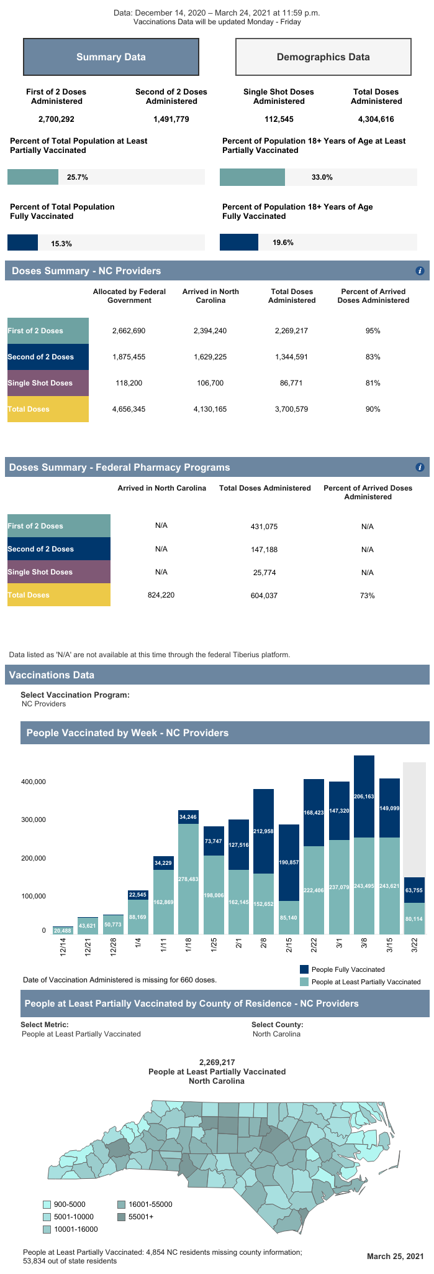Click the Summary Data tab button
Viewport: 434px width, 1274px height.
(x=111, y=57)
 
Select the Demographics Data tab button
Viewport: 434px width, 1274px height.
(x=323, y=57)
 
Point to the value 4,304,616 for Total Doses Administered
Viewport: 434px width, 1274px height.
(x=376, y=119)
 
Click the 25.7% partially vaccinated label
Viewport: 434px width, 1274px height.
(x=78, y=177)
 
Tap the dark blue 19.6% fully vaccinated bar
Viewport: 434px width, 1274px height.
(x=239, y=242)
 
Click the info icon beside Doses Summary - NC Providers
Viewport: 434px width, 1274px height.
(x=420, y=271)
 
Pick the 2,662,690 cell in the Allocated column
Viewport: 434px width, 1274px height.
(x=129, y=331)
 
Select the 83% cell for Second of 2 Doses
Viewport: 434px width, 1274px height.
(x=373, y=357)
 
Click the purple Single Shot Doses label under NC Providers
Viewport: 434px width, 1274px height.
(x=48, y=383)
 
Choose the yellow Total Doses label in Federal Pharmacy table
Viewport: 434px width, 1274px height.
(x=58, y=595)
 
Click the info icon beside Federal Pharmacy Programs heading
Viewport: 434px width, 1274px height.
(x=420, y=468)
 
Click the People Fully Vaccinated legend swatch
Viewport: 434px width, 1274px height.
(x=304, y=969)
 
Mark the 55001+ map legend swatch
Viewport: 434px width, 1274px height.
(x=122, y=1217)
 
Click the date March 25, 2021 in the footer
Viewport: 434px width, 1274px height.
(x=394, y=1257)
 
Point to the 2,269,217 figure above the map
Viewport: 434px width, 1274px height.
(x=217, y=1063)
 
